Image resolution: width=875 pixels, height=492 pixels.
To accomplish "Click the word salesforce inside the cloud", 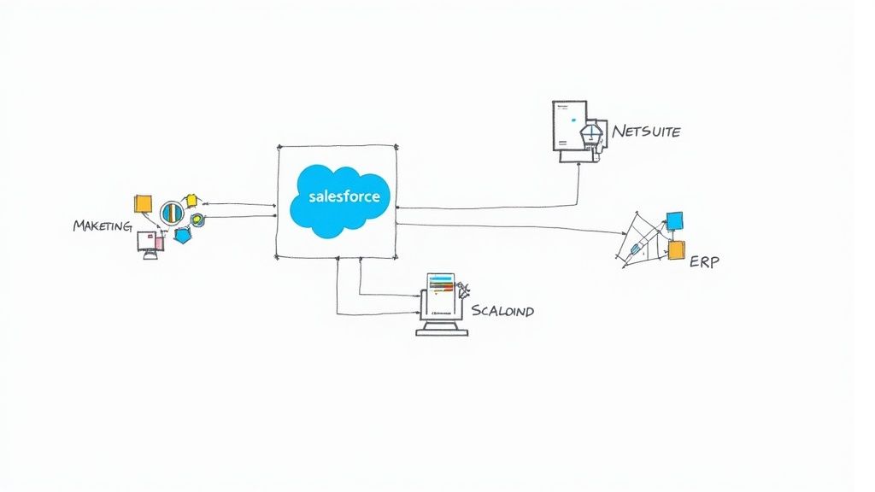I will coord(340,196).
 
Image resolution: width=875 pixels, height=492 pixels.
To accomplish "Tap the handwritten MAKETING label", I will coord(102,225).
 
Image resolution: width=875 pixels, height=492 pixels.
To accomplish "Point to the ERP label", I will coord(703,261).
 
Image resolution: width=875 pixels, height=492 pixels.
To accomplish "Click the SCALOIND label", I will coord(502,310).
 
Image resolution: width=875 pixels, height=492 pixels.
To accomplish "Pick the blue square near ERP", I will coord(674,220).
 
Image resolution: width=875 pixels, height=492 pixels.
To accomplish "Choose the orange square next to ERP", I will coord(676,249).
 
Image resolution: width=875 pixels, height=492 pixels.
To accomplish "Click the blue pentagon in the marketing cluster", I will coord(182,236).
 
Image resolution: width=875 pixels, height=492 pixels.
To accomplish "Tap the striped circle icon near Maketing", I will coord(172,211).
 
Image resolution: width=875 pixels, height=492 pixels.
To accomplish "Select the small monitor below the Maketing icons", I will coord(150,243).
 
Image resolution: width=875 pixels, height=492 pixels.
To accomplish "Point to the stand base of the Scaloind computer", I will coord(441,331).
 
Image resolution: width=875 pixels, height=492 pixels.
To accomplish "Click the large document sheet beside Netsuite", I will coord(569,126).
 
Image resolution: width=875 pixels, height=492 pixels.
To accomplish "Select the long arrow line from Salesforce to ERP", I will coord(513,227).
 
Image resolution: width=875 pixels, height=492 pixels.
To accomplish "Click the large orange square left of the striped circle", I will coord(143,203).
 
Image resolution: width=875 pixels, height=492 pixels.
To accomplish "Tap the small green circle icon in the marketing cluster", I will coord(197,220).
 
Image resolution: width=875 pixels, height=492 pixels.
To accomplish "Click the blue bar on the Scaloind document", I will coord(440,278).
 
